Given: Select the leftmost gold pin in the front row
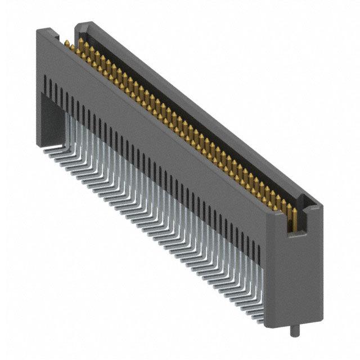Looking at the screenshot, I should (x=66, y=44).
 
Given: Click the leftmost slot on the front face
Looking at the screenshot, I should (x=44, y=85).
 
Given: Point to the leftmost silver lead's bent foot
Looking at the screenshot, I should (x=47, y=151).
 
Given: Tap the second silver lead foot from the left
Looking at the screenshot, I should (x=53, y=155).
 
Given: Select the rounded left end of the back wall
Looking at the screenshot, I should (x=79, y=26).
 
